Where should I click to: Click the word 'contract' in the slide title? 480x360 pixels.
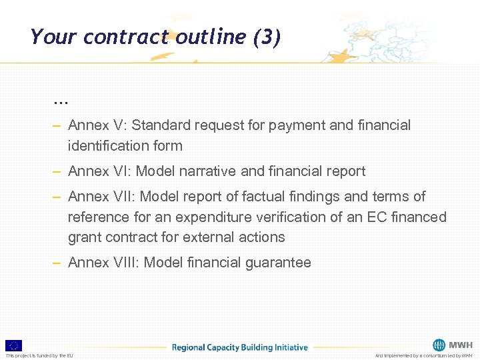coord(127,37)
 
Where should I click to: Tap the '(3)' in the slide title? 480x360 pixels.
coord(267,37)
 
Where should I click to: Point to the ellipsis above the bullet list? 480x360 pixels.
coord(61,101)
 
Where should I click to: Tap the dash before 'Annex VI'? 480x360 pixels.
coord(57,171)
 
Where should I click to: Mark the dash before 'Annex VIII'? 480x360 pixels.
coord(57,263)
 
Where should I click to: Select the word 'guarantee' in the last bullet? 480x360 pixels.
coord(279,263)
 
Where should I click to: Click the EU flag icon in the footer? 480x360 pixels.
coord(13,345)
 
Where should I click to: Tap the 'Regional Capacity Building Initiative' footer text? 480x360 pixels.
coord(239,347)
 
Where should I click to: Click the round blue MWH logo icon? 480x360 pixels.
coord(439,345)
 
